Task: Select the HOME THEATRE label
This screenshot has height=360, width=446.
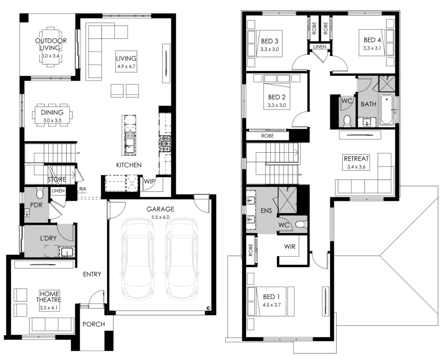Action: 50,296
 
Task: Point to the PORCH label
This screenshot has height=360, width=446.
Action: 94,324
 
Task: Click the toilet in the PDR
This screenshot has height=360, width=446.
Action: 40,193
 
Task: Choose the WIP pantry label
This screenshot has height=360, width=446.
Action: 149,181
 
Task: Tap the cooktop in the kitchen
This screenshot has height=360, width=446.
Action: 165,143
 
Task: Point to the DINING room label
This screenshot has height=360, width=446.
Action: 52,112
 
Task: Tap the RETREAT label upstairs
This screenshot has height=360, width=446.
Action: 356,159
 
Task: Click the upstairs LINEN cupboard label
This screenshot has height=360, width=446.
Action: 319,47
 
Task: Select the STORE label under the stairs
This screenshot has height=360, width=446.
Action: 57,179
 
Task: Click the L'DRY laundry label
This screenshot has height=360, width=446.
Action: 48,238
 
